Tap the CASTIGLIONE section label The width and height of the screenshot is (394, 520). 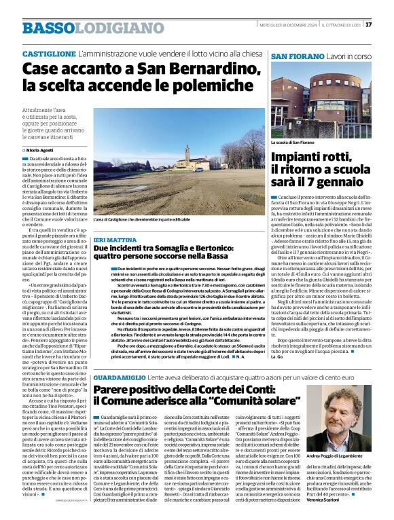pyautogui.click(x=49, y=53)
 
